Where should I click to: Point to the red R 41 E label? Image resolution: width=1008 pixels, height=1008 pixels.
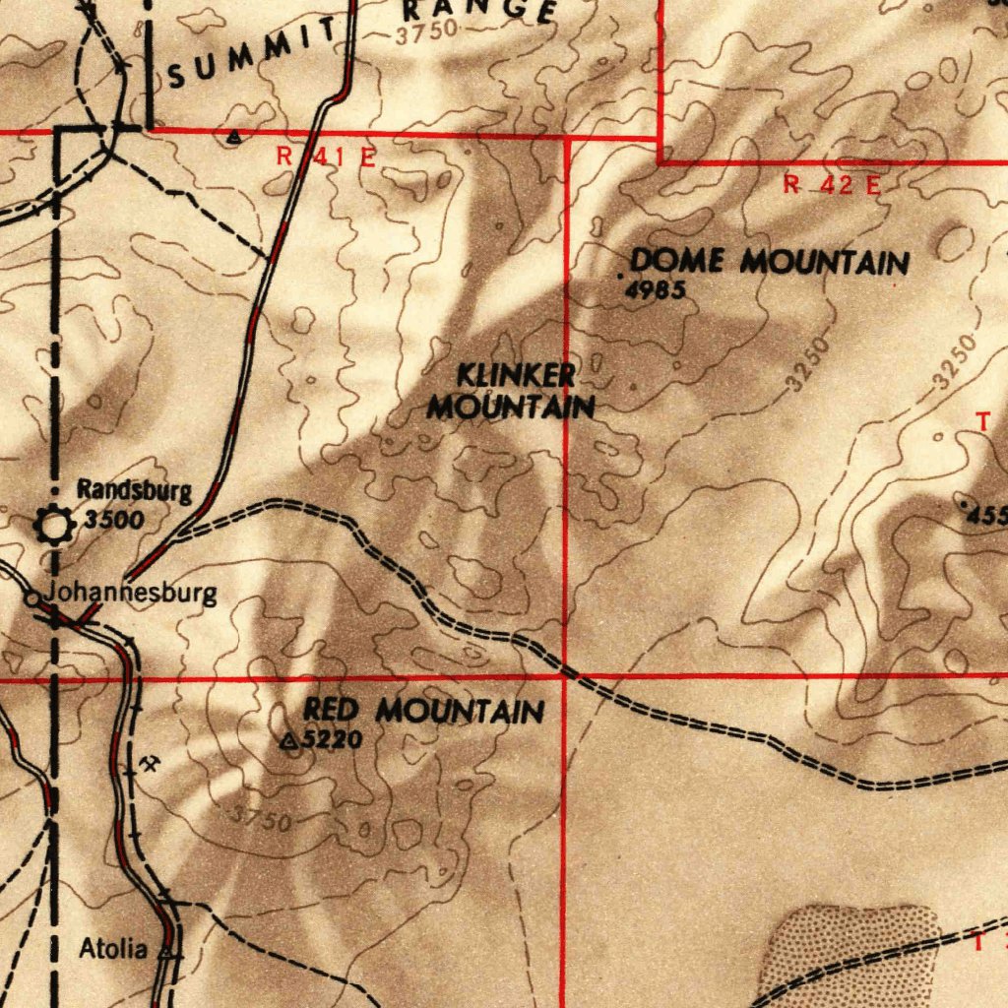pyautogui.click(x=325, y=156)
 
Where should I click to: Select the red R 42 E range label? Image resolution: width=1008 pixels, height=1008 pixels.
pyautogui.click(x=832, y=184)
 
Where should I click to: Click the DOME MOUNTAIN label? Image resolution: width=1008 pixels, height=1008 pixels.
pyautogui.click(x=769, y=262)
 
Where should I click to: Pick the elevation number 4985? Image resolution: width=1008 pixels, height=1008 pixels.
pyautogui.click(x=654, y=289)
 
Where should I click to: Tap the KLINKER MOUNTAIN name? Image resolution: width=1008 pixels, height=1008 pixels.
pyautogui.click(x=513, y=391)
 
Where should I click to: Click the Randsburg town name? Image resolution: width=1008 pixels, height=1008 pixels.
pyautogui.click(x=135, y=490)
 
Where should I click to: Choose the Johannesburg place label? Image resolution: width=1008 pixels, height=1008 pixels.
pyautogui.click(x=131, y=594)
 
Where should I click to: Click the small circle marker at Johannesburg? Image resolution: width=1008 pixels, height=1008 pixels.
pyautogui.click(x=32, y=598)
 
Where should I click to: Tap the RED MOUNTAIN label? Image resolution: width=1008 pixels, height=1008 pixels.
pyautogui.click(x=423, y=710)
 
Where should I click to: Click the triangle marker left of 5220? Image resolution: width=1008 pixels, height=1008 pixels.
pyautogui.click(x=289, y=741)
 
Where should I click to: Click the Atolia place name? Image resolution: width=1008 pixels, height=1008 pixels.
pyautogui.click(x=113, y=950)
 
